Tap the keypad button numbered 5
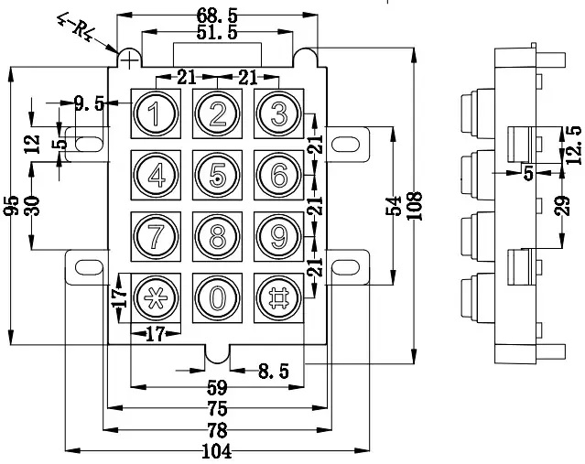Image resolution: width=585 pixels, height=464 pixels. point(217,174)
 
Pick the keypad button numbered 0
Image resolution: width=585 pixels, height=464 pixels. point(217,297)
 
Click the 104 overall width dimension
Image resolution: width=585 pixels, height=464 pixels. point(216,451)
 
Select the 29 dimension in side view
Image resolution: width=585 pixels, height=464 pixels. point(562,206)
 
